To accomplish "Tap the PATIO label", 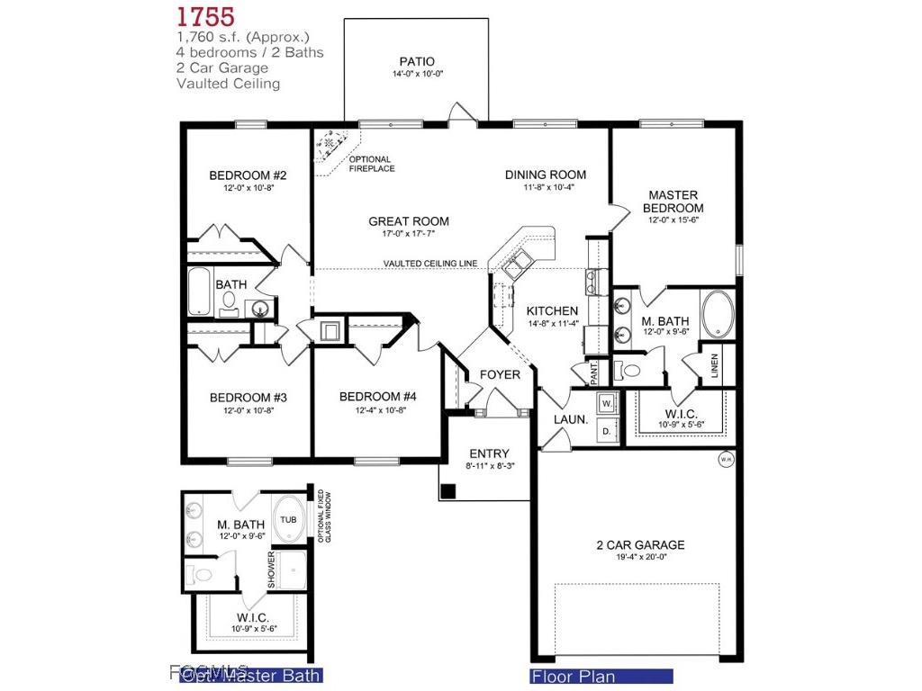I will (x=417, y=61).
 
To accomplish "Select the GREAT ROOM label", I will (x=408, y=221).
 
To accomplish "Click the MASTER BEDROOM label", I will (x=673, y=201).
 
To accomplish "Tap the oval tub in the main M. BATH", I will (x=717, y=314).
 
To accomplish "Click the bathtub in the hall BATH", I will (x=201, y=292).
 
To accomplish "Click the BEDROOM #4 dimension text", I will (x=377, y=411).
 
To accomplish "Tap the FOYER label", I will (x=499, y=374).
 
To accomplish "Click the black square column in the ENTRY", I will (x=447, y=491).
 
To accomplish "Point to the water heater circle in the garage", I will (x=726, y=460).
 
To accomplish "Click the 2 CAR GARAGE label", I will (x=640, y=544).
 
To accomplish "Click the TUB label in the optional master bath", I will (x=287, y=520).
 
